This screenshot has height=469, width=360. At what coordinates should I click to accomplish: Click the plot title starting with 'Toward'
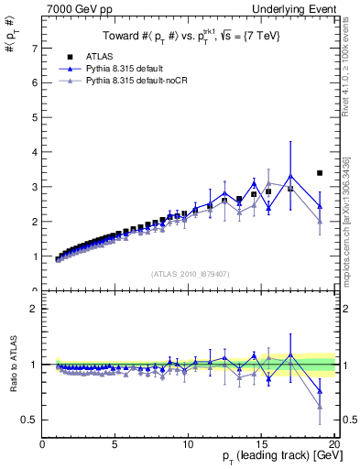(190, 36)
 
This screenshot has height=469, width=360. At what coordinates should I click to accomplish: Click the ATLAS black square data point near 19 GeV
(320, 172)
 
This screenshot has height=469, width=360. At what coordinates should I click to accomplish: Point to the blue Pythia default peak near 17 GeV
(290, 176)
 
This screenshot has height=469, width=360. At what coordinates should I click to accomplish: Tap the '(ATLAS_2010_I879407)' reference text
(190, 273)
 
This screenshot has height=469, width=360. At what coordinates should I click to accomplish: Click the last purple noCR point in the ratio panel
(320, 406)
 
